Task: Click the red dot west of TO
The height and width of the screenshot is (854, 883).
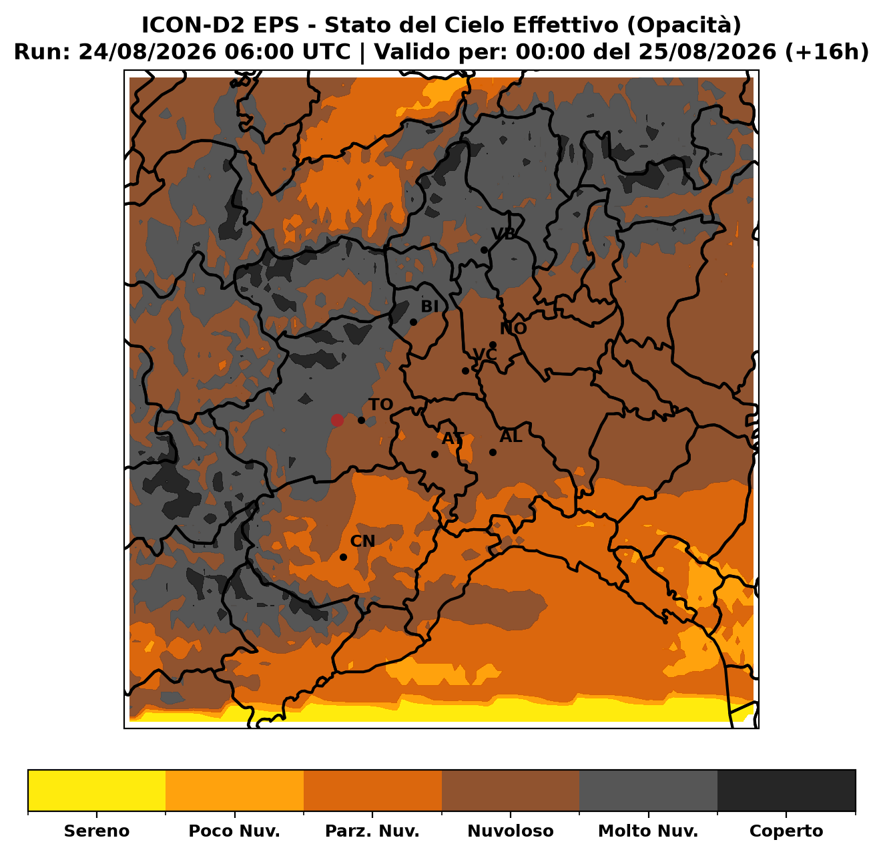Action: [337, 420]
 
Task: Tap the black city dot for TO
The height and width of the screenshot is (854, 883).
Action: [361, 420]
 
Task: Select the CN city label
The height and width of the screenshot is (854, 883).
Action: [362, 541]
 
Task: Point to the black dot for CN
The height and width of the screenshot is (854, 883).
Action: [343, 557]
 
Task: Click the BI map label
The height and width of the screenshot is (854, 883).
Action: [429, 306]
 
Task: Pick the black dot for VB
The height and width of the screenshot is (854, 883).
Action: [484, 250]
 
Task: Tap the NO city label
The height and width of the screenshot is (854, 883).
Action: [513, 329]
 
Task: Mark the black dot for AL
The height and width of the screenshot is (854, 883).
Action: [493, 452]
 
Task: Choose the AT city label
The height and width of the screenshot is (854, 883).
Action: [453, 439]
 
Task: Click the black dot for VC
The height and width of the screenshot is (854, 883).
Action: [465, 371]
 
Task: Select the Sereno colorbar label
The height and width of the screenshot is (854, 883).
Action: [97, 831]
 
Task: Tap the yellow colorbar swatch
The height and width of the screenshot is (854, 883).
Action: [97, 791]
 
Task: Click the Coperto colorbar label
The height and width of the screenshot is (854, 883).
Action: [786, 831]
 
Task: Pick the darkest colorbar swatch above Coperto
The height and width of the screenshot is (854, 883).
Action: [786, 791]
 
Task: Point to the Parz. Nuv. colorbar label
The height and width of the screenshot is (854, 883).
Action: [372, 831]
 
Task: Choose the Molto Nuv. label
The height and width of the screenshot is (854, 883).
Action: [648, 831]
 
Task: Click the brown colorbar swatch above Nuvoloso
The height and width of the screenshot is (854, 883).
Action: [511, 791]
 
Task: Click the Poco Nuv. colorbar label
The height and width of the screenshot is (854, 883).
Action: [234, 831]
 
